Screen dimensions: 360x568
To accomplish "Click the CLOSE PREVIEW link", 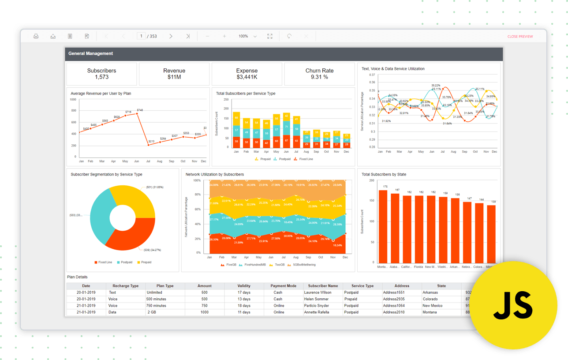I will tap(520, 37).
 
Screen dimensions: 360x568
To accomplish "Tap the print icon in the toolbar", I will tap(36, 36).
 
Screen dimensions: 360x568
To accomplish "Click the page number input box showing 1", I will tap(141, 36).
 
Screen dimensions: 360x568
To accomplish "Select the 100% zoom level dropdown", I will tap(247, 36).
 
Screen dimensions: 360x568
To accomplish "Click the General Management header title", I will tap(90, 53).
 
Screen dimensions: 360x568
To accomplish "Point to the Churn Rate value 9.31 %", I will tap(319, 77).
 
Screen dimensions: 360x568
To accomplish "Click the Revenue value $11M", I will tap(174, 77).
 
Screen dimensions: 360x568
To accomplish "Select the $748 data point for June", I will tap(137, 113).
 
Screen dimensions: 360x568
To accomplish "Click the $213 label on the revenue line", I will tap(152, 141).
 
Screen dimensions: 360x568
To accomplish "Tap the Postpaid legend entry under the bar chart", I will tap(284, 159).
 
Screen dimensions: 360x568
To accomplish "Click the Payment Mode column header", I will tap(283, 286).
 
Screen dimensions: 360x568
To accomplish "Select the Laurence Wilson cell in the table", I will tap(318, 292).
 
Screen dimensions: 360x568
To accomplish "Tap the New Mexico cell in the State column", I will tap(432, 306).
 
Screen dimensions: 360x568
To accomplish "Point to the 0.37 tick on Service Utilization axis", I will tap(372, 75).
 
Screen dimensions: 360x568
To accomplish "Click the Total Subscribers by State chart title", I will tap(384, 174).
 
